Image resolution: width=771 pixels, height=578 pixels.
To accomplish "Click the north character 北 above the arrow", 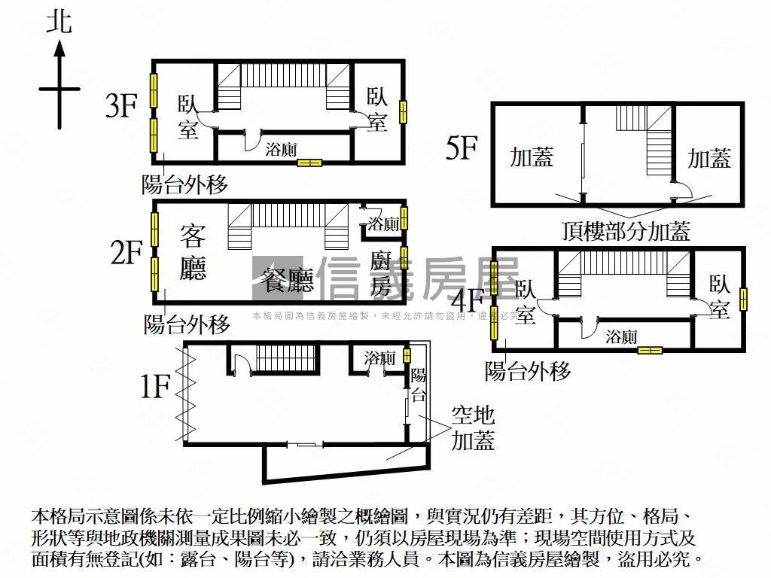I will [59, 21].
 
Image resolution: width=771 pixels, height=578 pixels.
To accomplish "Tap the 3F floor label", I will [121, 106].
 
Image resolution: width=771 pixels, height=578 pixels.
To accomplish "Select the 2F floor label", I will [126, 253].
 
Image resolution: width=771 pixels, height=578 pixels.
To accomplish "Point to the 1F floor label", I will [155, 387].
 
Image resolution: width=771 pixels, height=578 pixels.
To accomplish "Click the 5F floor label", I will [461, 148].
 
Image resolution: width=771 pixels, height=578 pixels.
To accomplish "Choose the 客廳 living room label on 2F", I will [194, 252].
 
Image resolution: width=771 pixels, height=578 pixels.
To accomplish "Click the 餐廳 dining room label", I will [286, 279].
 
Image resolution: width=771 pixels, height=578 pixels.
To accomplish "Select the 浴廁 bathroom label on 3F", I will [281, 149].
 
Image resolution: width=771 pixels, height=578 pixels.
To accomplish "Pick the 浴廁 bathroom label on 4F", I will [622, 336].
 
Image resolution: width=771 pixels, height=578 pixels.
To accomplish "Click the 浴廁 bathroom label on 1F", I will [380, 358].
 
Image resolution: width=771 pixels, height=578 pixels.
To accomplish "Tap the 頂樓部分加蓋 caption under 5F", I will [625, 230].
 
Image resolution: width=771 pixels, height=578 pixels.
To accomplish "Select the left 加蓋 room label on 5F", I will [532, 157].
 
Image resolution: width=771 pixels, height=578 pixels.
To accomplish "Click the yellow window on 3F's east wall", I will [404, 111].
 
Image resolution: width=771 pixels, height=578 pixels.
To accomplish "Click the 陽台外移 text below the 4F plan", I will [528, 370].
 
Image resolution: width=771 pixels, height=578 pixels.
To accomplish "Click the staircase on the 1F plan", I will [284, 358].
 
